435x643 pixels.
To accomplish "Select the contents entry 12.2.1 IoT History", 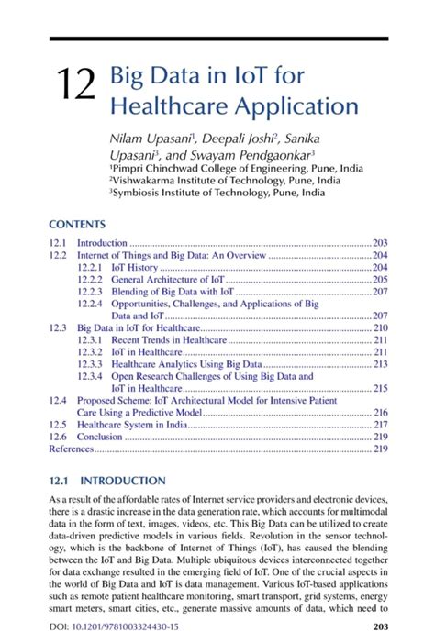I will (134, 267).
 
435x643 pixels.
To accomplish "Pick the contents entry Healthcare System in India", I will (132, 425).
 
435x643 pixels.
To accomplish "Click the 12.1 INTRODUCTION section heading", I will (106, 481).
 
